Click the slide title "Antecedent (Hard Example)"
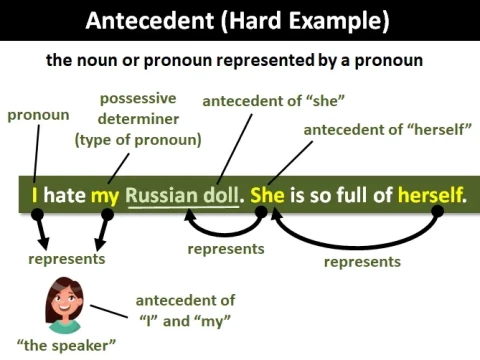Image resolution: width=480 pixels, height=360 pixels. coord(240,20)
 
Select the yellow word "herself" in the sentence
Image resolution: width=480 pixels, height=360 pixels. coord(430,193)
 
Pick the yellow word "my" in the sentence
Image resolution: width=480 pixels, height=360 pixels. coord(104,193)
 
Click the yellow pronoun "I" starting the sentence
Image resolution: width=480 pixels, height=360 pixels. coord(35,193)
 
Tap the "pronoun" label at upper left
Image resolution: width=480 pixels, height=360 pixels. coord(38,115)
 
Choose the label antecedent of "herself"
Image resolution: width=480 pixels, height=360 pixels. coord(368,130)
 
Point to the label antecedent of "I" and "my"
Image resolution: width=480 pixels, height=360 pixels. coord(184,309)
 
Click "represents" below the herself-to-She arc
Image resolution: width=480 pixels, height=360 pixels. coord(362,262)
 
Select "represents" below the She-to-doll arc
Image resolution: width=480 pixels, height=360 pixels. coord(226,249)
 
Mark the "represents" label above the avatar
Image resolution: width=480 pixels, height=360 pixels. coord(66,259)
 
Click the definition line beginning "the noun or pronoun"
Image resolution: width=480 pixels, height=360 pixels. coord(234,60)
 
